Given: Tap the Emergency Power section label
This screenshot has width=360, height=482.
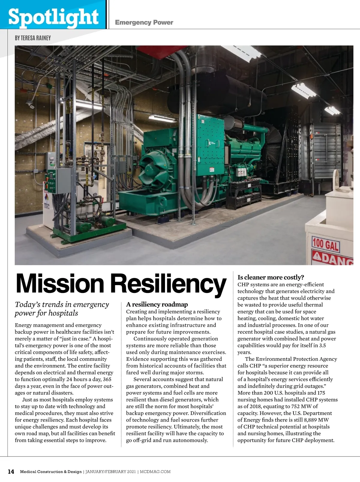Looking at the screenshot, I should pyautogui.click(x=144, y=23).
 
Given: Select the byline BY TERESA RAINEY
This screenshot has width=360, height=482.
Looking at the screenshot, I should pyautogui.click(x=33, y=38).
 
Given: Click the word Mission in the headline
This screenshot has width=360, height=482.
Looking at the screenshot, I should pyautogui.click(x=61, y=284).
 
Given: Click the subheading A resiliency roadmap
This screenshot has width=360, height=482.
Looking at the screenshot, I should pyautogui.click(x=157, y=304).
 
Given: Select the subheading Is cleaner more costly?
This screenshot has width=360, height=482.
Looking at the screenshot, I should pyautogui.click(x=271, y=277).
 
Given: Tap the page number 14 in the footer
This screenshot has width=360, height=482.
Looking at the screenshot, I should pyautogui.click(x=11, y=471).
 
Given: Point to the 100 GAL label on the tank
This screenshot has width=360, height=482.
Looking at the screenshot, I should pyautogui.click(x=325, y=245).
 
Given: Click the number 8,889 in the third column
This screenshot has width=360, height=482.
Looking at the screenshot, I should pyautogui.click(x=310, y=420).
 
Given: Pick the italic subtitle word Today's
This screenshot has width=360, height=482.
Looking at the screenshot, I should pyautogui.click(x=28, y=304).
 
